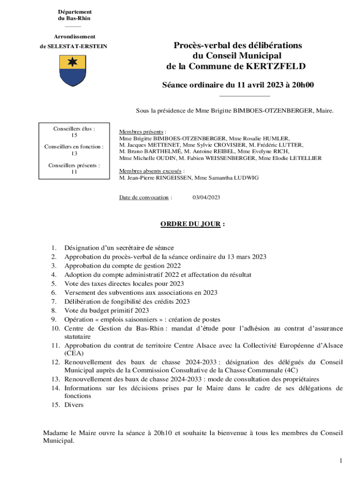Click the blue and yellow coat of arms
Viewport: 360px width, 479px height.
point(72,70)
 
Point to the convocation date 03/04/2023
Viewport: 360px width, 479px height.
point(206,197)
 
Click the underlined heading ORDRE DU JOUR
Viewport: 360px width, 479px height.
point(190,224)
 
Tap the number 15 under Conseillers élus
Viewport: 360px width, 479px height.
point(74,135)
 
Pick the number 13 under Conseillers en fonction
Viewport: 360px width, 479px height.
point(74,153)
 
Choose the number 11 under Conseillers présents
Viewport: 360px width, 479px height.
point(74,172)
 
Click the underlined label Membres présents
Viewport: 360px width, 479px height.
point(142,132)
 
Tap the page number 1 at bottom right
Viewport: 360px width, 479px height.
point(341,461)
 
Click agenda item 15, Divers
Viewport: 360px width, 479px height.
point(74,405)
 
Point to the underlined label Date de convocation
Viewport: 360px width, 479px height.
point(145,197)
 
